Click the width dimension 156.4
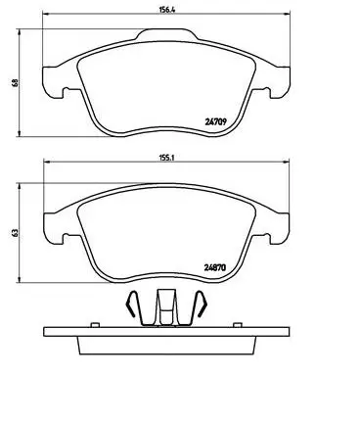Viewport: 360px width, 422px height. [x=167, y=10]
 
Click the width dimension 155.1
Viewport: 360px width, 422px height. [x=167, y=158]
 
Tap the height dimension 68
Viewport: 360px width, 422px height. [x=15, y=82]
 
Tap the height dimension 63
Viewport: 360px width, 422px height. [x=15, y=233]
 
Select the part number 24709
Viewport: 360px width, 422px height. [x=215, y=122]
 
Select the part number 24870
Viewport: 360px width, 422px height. [x=215, y=268]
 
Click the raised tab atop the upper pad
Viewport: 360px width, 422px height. [x=166, y=34]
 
